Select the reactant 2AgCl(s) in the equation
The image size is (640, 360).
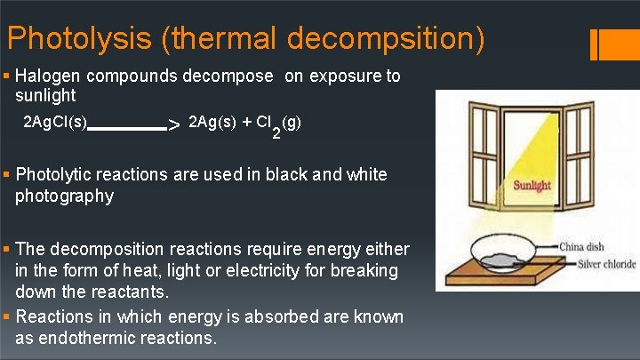[x=55, y=120]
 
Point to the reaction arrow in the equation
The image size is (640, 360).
[x=133, y=127]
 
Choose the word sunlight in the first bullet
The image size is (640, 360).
[x=45, y=96]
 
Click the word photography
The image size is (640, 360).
[x=64, y=196]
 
